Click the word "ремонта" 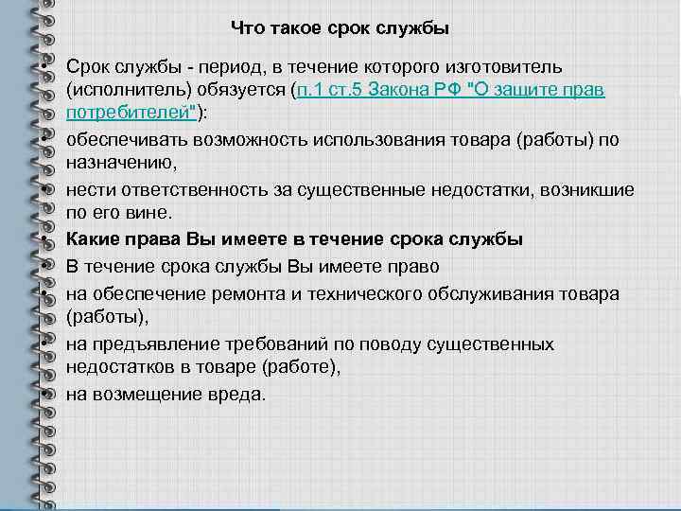[x=246, y=293]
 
